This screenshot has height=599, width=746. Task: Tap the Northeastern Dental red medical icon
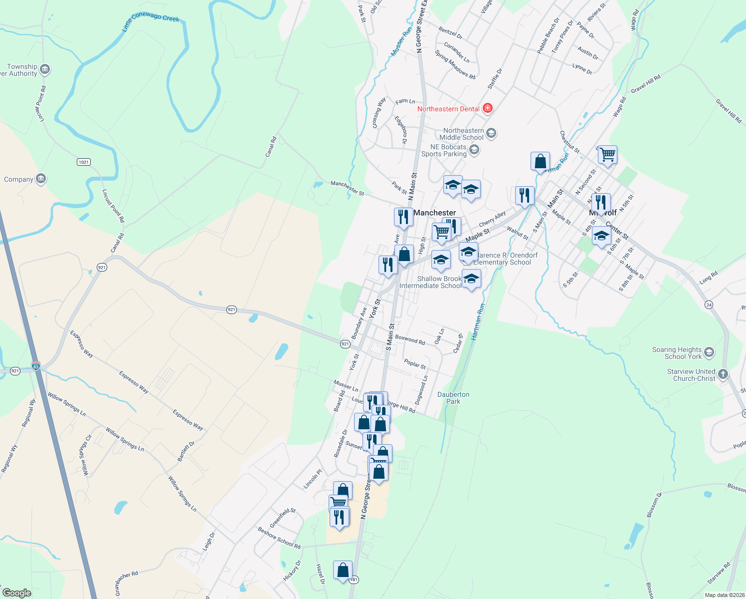(488, 108)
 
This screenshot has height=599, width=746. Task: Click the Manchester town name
(434, 213)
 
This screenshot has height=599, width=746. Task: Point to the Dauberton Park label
(453, 398)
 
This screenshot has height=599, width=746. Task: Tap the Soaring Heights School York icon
(709, 352)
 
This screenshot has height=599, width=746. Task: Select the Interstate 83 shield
(35, 365)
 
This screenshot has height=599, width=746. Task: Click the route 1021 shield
(83, 162)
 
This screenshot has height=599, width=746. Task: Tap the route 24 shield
(709, 304)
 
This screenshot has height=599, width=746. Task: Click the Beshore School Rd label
(279, 538)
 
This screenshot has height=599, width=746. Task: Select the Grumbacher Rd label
(126, 583)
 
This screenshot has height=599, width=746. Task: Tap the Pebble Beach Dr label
(548, 35)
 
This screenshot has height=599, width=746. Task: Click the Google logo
(16, 593)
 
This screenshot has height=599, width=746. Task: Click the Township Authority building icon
(45, 69)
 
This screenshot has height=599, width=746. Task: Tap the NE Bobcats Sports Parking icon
(474, 150)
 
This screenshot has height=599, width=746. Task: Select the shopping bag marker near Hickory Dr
(343, 570)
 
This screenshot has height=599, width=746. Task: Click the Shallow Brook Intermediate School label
(431, 282)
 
